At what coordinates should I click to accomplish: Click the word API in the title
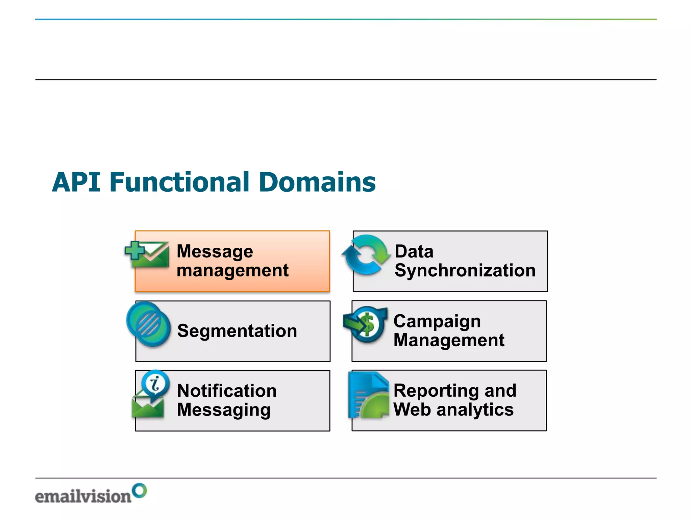(76, 182)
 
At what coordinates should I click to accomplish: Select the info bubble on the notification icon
(155, 384)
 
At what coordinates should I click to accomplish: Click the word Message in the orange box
(215, 251)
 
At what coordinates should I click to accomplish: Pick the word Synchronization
(465, 270)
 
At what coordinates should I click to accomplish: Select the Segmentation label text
(237, 331)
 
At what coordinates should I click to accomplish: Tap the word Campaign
(437, 321)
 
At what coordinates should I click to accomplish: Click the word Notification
(227, 391)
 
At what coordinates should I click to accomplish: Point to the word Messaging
(224, 410)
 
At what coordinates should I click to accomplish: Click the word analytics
(475, 410)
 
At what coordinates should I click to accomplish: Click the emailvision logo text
(83, 496)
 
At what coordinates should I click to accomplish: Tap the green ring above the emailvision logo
(139, 490)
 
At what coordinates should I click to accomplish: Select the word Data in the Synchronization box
(414, 251)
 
